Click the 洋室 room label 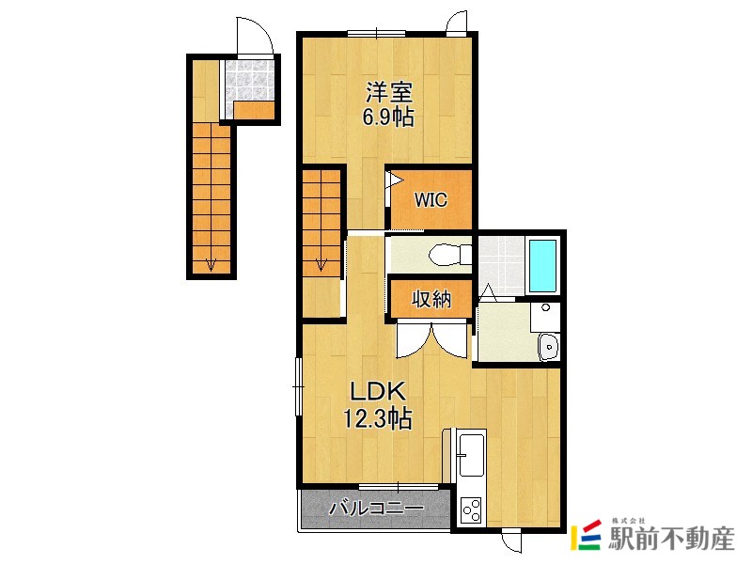(389, 92)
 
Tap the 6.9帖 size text (388, 117)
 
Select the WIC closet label (431, 199)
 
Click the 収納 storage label (431, 299)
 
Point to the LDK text (379, 392)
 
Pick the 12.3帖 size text (377, 417)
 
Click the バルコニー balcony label (377, 508)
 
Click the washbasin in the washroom (548, 346)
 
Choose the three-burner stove (471, 510)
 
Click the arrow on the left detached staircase (211, 264)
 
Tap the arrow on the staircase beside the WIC (321, 264)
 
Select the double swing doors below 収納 (432, 340)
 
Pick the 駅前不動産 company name (671, 539)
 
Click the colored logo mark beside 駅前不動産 (586, 535)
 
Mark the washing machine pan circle (545, 308)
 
